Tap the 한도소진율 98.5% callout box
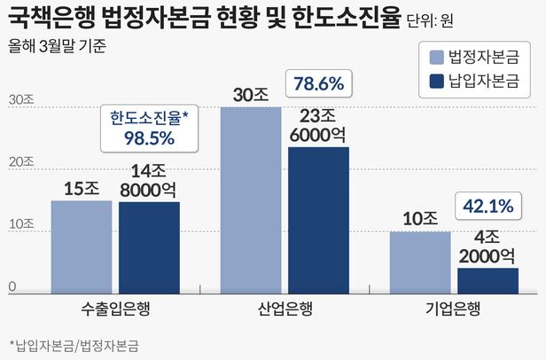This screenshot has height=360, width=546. tap(144, 128)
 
